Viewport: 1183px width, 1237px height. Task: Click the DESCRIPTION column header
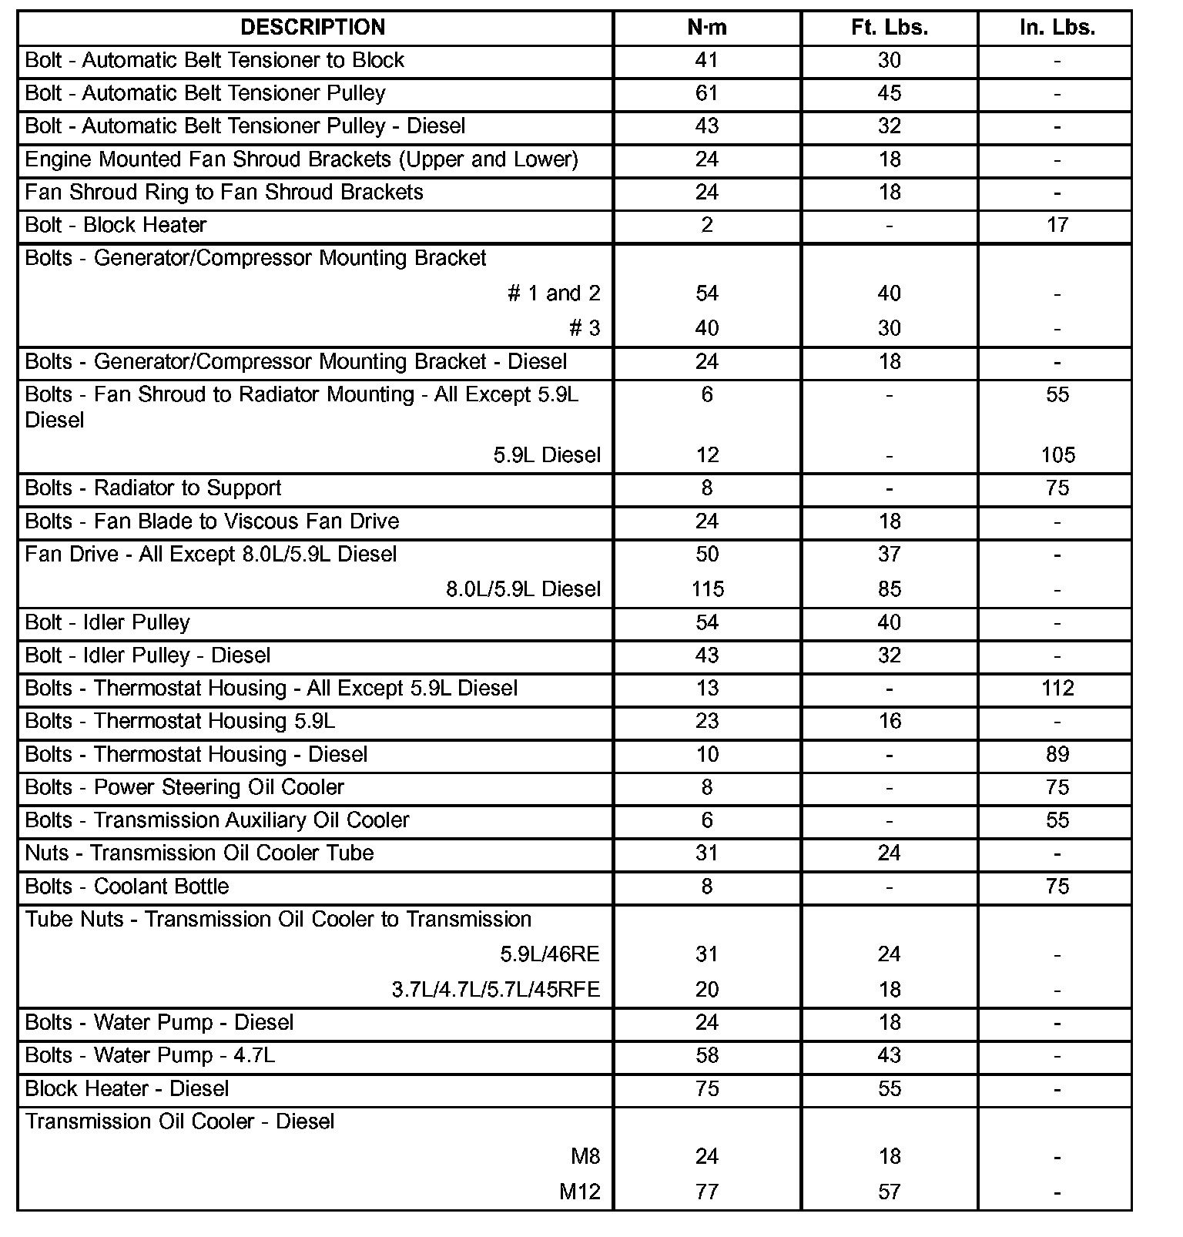coord(313,28)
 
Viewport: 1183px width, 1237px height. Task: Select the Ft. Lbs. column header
coord(890,28)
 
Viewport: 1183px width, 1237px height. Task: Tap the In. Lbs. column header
coord(1057,28)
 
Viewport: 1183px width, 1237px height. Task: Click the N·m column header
coord(707,28)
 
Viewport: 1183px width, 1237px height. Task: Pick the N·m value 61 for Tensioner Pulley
coord(707,93)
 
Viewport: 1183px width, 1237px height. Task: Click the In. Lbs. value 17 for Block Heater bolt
coord(1057,225)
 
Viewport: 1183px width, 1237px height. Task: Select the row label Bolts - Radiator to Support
coord(153,488)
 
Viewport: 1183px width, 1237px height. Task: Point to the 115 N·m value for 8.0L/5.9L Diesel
coord(707,589)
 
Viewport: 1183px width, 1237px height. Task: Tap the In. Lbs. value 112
coord(1057,688)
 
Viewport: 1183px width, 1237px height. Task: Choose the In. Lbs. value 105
coord(1057,454)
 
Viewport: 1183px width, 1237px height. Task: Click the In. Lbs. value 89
coord(1057,754)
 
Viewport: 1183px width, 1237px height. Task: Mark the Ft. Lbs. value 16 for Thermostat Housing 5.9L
coord(890,721)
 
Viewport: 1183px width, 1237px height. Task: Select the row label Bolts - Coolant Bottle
coord(127,887)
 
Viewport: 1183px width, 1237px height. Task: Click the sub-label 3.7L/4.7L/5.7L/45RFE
coord(495,990)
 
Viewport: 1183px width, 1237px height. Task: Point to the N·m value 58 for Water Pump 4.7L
coord(707,1055)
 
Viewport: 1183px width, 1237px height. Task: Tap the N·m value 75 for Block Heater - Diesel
coord(707,1088)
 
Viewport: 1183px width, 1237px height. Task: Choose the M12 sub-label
coord(579,1192)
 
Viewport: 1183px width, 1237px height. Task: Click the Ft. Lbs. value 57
coord(890,1192)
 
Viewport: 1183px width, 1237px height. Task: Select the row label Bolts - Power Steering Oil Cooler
coord(185,787)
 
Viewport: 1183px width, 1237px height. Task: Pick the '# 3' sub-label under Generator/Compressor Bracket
coord(585,329)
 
